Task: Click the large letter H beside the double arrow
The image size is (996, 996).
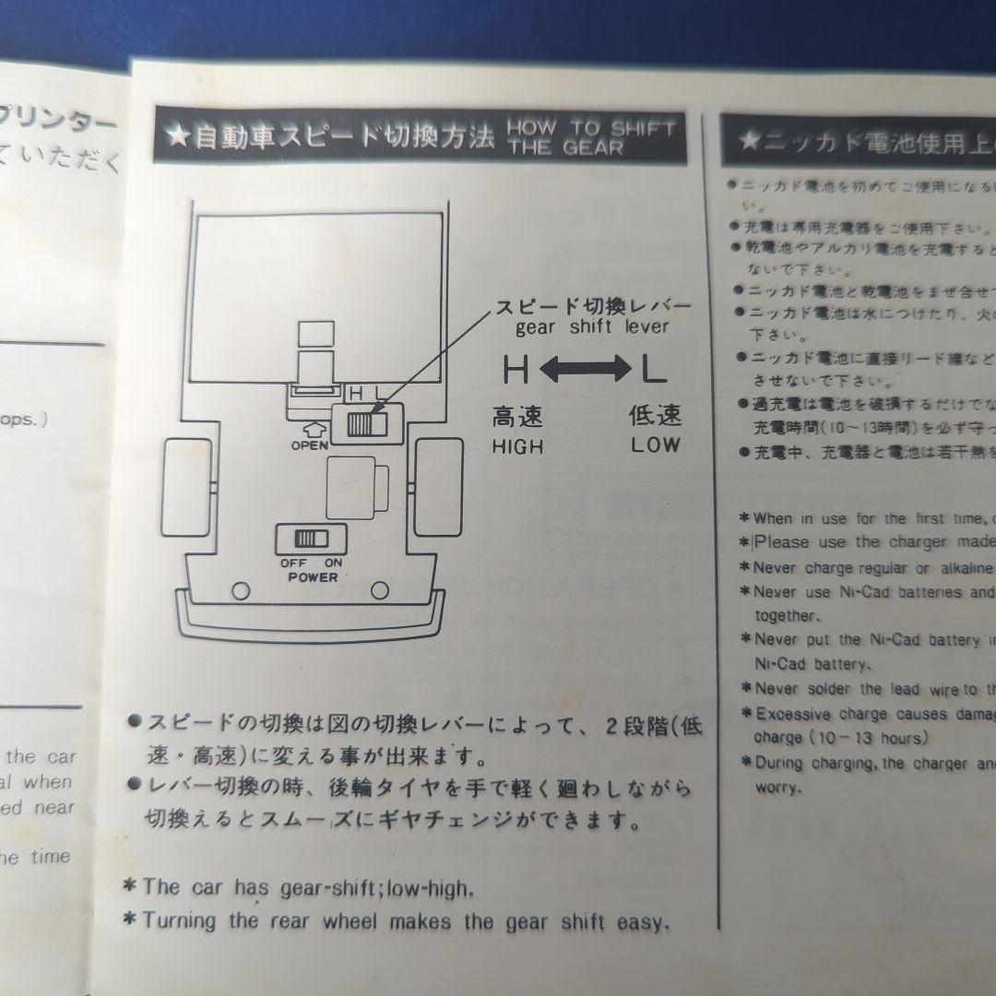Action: pos(515,371)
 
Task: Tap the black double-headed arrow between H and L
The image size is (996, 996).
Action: pos(583,371)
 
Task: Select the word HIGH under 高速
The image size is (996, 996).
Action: pos(517,446)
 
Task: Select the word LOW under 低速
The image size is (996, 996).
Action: pos(656,445)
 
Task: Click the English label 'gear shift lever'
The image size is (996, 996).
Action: pos(591,326)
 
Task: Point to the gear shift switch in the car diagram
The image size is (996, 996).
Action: pos(367,423)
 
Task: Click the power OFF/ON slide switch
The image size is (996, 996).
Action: pos(310,539)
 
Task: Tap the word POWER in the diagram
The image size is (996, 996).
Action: pos(312,577)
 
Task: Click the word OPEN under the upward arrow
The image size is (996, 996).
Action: pos(309,445)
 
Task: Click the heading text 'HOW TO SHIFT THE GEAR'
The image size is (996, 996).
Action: pos(590,137)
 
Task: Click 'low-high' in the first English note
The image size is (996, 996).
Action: pos(430,889)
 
